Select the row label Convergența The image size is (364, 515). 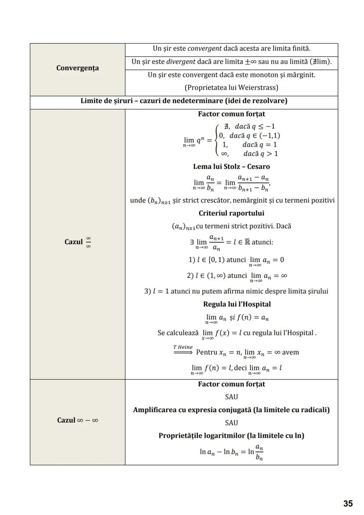click(77, 68)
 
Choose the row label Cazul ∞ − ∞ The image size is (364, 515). click(77, 420)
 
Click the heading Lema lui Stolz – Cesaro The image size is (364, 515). click(231, 167)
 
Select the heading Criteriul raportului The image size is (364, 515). click(231, 213)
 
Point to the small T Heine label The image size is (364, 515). click(182, 347)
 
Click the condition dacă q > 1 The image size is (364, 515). click(260, 154)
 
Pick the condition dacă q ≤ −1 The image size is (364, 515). click(255, 127)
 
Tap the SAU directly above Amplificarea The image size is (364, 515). click(231, 397)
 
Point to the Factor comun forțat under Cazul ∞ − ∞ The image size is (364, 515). click(231, 384)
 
